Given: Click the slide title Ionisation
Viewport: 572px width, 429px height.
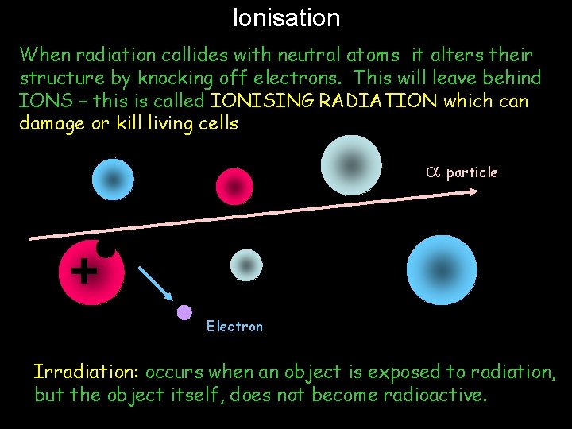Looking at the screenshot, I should (286, 17).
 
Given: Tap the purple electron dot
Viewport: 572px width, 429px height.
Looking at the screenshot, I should (184, 312).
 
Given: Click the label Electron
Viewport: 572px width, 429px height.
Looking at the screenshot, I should (234, 327).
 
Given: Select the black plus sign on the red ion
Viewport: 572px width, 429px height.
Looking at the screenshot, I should (83, 271).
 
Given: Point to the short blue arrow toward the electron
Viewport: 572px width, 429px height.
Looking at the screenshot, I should (156, 283).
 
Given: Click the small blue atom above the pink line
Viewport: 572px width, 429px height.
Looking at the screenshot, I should (114, 180).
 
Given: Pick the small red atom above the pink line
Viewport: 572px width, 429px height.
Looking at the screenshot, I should (234, 186).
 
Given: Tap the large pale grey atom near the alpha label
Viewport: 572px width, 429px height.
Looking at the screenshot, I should (350, 164).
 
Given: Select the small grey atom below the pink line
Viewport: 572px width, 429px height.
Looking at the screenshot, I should (246, 265).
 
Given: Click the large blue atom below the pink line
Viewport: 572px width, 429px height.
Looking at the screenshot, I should (442, 270).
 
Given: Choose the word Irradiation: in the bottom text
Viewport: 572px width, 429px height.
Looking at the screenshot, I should (87, 372).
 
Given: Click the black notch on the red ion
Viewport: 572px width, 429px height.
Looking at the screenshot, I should (106, 249).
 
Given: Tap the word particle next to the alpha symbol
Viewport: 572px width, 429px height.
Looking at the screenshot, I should (472, 172).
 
